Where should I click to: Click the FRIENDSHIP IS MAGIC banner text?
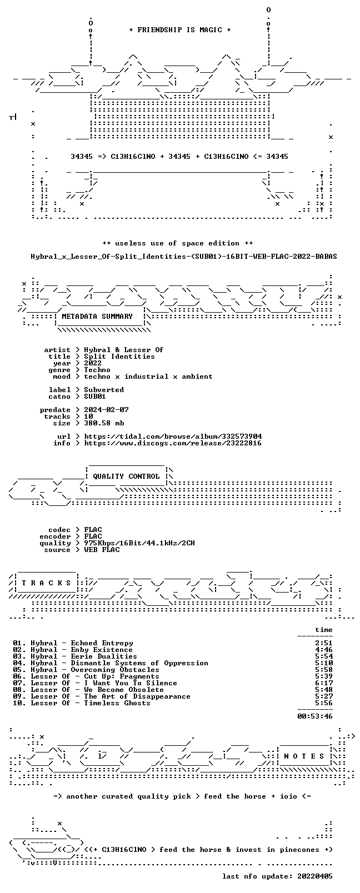coord(180,30)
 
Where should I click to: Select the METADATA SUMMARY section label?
coord(97,317)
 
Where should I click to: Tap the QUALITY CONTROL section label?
coord(126,476)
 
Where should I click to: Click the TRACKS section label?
coord(46,583)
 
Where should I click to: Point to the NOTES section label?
coord(304,756)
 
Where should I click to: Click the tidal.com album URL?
coord(173,437)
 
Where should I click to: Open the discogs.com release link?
coord(173,443)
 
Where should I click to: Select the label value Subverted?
coord(104,390)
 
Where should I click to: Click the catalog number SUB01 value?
coord(95,397)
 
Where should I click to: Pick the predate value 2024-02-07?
coord(107,410)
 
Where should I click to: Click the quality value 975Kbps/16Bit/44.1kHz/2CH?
coord(139,543)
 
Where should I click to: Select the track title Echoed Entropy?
coord(102,643)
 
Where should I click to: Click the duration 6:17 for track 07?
coord(324,683)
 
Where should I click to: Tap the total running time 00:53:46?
coord(315,716)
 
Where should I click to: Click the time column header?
coord(324,630)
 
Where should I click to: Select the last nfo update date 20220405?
coord(315,876)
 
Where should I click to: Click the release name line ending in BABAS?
coord(184,257)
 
